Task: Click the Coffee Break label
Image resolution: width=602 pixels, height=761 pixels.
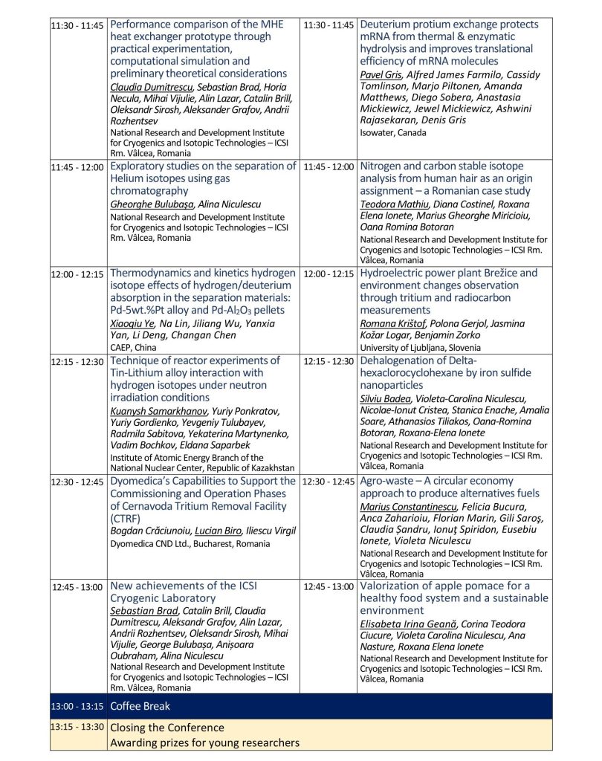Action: tap(140, 706)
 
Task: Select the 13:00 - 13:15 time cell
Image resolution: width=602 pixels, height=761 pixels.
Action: tap(77, 706)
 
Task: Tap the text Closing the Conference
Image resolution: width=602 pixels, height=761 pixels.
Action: tap(167, 728)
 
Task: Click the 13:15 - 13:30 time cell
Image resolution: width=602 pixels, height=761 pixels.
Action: tap(77, 727)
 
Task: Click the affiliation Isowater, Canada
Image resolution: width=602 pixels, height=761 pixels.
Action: tap(393, 133)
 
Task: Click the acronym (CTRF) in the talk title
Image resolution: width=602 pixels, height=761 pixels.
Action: tap(127, 519)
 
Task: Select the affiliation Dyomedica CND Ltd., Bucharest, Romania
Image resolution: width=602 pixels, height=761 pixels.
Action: tap(190, 543)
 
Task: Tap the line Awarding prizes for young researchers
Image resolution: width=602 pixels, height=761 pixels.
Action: tap(204, 742)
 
